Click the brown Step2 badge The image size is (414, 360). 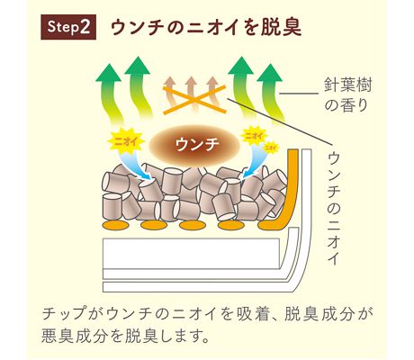pos(68,27)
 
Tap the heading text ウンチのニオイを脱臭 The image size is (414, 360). pos(206,27)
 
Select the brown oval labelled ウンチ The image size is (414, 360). pos(197,145)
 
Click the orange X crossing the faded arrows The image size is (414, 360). pos(194,100)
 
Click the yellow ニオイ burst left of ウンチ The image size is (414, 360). pos(126,141)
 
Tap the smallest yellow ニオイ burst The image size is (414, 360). pos(271,148)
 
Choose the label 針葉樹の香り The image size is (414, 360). pos(347,94)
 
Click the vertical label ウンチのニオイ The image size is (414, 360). pos(334,209)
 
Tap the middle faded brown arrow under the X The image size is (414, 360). pos(191,93)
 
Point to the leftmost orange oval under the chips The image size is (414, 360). pos(116,225)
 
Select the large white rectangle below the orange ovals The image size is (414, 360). pos(192,254)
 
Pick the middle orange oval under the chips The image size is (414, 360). pos(193,225)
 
